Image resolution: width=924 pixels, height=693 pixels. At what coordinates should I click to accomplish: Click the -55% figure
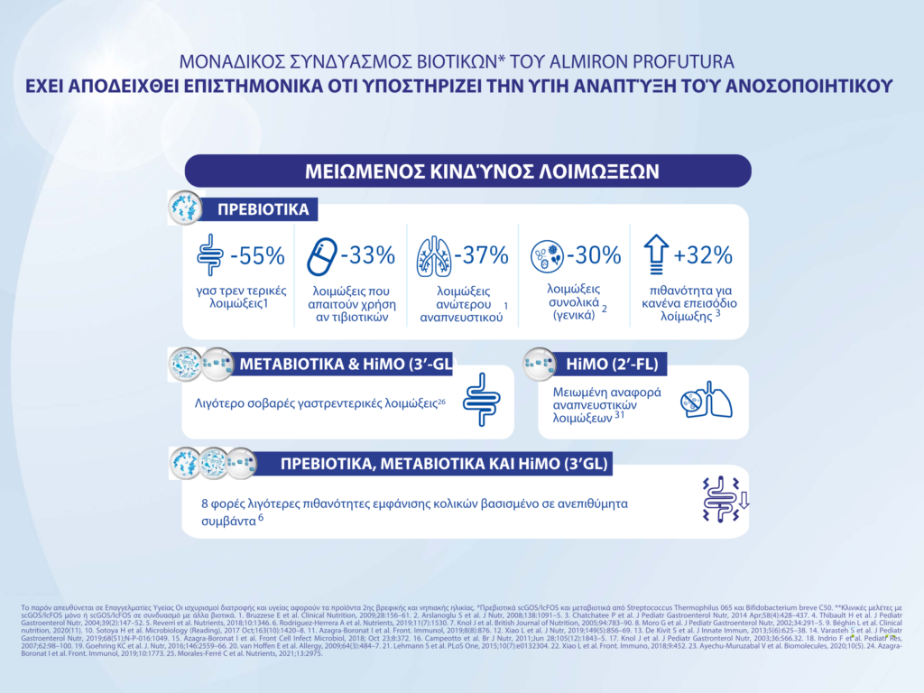[x=257, y=256]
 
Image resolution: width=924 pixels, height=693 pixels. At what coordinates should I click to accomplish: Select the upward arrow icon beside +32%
[x=656, y=256]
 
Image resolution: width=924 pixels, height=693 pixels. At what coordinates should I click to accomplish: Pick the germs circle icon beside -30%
[x=548, y=257]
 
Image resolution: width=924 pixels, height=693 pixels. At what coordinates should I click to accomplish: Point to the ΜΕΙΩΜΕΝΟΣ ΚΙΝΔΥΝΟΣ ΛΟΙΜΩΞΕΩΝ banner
[x=468, y=171]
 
